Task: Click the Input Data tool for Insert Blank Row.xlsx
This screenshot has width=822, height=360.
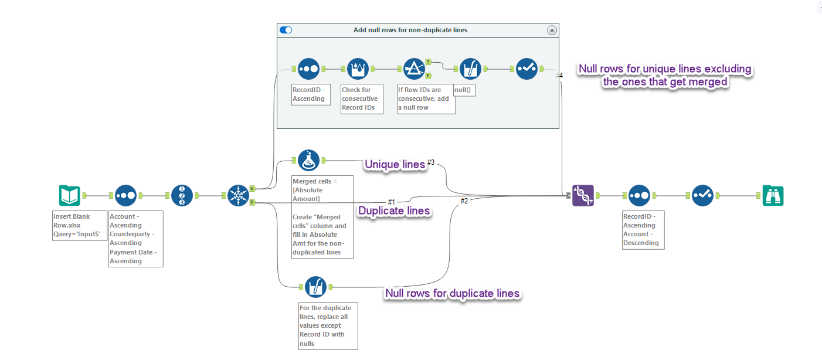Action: tap(69, 195)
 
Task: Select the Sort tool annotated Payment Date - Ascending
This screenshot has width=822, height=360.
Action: tap(125, 195)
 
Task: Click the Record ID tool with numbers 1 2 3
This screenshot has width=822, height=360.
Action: tap(182, 195)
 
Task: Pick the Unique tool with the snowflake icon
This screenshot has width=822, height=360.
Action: tap(238, 195)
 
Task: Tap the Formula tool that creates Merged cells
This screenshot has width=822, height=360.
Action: tap(308, 160)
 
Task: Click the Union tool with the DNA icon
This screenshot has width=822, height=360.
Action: tap(583, 195)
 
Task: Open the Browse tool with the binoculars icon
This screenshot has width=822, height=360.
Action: tap(773, 195)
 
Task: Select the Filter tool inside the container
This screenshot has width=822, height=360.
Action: tap(414, 69)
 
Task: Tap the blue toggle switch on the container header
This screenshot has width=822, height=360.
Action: tap(286, 30)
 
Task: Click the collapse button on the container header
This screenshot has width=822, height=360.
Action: tap(551, 30)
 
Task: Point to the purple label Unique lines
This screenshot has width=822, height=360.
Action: tap(395, 165)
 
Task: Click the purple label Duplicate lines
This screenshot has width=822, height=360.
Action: tap(395, 210)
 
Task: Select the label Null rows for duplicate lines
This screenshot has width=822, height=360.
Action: tap(451, 293)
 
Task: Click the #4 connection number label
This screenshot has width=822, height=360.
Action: tap(559, 75)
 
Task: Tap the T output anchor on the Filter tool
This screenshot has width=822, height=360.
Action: tap(428, 62)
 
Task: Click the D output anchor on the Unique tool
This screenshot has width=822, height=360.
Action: tap(252, 202)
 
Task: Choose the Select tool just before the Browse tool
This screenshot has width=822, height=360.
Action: tap(702, 195)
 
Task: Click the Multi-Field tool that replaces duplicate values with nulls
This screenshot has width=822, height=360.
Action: tap(316, 287)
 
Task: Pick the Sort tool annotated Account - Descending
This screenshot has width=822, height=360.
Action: tap(639, 195)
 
